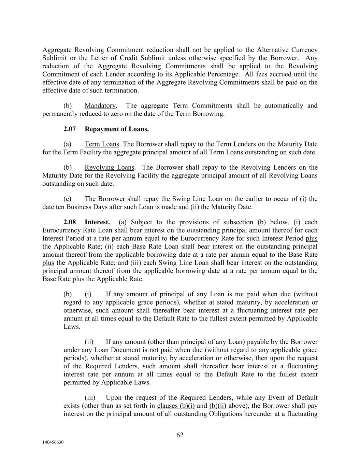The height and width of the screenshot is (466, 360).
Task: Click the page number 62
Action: [x=180, y=435]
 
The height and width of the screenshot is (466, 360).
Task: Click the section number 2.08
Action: [x=69, y=222]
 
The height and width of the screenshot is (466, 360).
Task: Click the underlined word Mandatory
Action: [x=100, y=105]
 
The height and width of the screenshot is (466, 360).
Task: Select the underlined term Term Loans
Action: [x=102, y=144]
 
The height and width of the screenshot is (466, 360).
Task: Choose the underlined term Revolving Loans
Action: [x=110, y=167]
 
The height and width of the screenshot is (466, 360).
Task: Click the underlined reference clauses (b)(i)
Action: [x=176, y=406]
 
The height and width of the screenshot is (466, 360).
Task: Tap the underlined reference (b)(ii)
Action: [x=218, y=406]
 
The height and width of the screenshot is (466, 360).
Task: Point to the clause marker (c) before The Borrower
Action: [x=68, y=199]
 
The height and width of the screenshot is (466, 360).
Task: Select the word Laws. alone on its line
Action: [x=72, y=326]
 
